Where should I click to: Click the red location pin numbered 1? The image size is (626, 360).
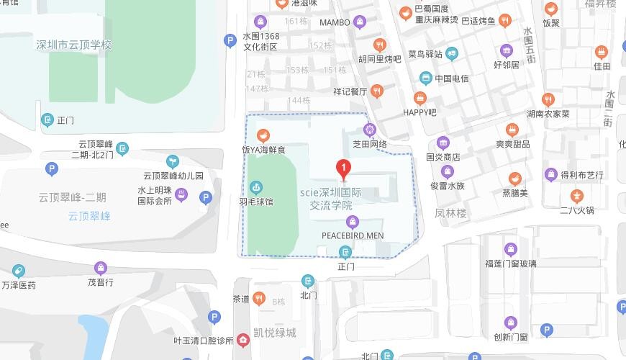(344, 170)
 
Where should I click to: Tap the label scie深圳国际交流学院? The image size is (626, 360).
(330, 199)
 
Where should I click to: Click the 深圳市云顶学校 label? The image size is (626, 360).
(74, 45)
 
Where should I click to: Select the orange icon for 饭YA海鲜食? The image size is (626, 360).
(263, 135)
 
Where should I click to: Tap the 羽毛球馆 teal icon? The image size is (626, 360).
(255, 187)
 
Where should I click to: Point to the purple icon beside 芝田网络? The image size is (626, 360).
(370, 130)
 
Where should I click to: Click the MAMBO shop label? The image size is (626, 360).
(335, 22)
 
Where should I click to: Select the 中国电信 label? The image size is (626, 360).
(451, 78)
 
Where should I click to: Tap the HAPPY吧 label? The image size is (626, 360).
(419, 112)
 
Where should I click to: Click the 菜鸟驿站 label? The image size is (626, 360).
(425, 54)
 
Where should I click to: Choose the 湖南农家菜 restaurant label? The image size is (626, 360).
(548, 114)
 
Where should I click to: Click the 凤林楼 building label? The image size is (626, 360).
(451, 214)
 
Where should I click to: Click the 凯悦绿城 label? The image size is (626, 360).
(274, 333)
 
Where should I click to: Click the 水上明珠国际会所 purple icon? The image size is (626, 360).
(181, 195)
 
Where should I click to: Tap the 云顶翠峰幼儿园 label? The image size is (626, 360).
(173, 175)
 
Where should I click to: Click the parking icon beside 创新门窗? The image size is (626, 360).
(546, 330)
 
